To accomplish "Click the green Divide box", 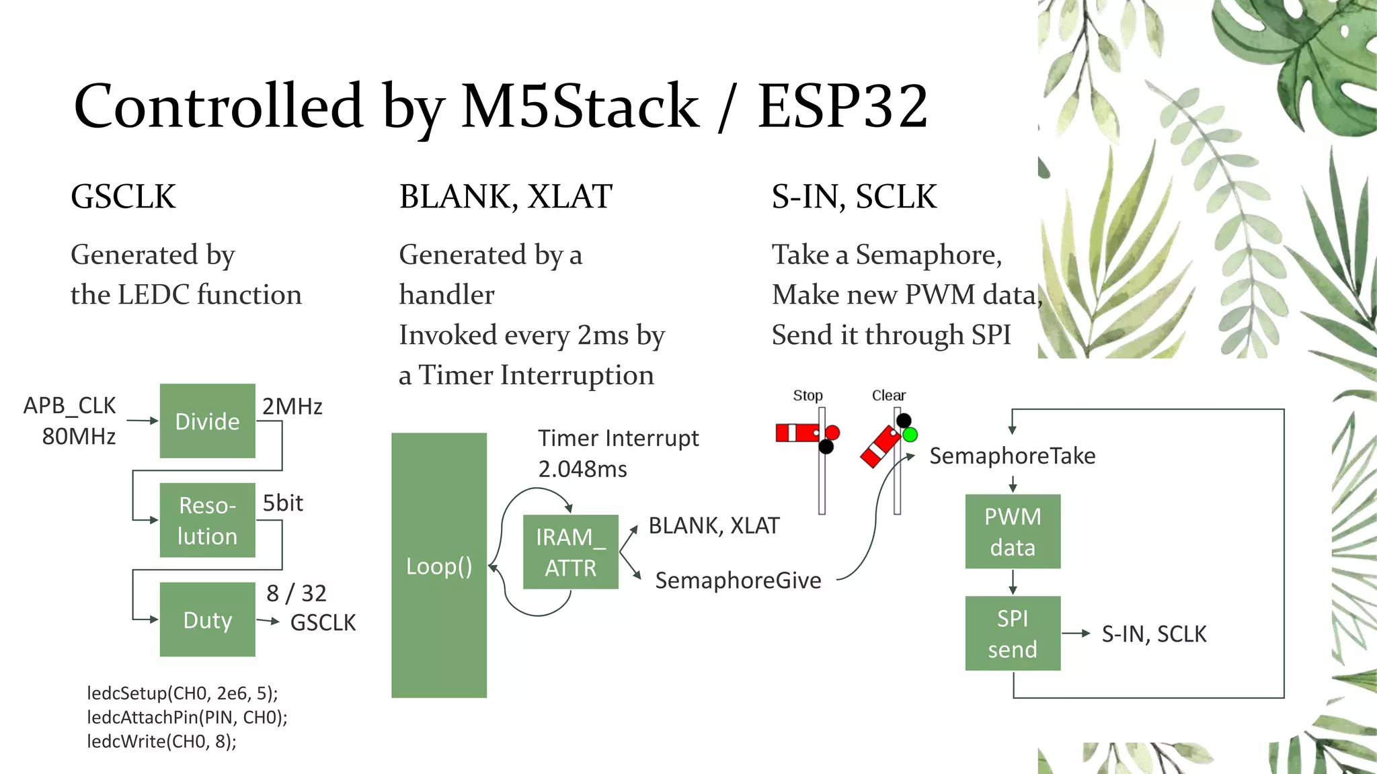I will click(207, 421).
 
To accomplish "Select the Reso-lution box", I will click(207, 520).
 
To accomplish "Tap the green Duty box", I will click(207, 619).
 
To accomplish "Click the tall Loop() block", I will click(438, 566).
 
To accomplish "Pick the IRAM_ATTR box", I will click(570, 552).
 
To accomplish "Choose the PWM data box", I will click(1013, 531).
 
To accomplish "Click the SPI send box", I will click(1013, 633).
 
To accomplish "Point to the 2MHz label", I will click(292, 406).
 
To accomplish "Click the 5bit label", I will click(282, 503).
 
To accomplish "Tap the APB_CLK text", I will click(69, 406).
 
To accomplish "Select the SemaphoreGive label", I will click(738, 580).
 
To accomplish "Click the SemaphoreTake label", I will click(1012, 456).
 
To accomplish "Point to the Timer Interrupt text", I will click(618, 438).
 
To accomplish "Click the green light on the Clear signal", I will click(910, 435).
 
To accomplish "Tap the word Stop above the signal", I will click(808, 396).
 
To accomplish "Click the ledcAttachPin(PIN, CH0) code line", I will click(187, 718).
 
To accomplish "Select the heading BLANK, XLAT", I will click(506, 197).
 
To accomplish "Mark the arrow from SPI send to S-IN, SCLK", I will click(1076, 633).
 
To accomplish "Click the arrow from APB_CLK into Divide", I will click(142, 421).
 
